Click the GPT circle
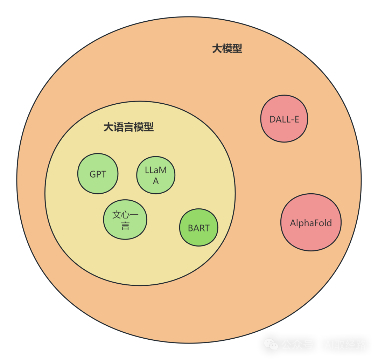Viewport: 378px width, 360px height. (98, 174)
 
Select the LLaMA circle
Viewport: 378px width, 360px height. (156, 175)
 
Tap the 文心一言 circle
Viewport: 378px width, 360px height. (125, 220)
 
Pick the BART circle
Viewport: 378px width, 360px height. (198, 228)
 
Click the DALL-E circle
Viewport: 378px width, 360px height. (284, 119)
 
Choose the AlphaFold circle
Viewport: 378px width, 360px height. (311, 222)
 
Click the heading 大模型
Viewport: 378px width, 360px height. (227, 49)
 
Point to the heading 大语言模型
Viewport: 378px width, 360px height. (128, 127)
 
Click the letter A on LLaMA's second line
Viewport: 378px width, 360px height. (156, 181)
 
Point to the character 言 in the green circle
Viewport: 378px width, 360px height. (125, 226)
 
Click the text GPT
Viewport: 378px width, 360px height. (98, 174)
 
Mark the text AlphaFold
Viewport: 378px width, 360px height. (311, 223)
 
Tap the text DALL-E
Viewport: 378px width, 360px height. (284, 119)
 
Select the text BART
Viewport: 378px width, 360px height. (198, 228)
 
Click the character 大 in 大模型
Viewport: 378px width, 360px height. (217, 49)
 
